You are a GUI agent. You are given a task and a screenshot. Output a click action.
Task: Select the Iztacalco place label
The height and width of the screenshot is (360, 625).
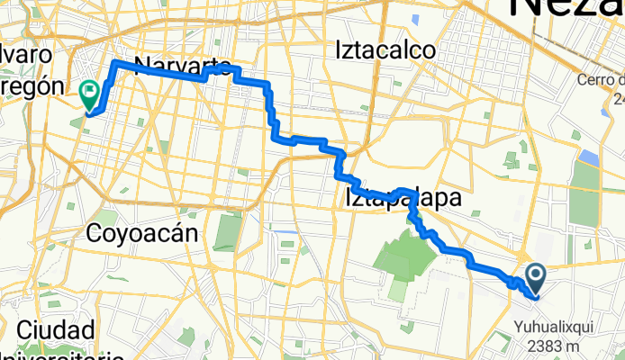tap(385, 49)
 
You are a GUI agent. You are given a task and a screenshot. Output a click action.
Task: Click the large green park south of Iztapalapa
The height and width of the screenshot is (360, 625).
tap(403, 261)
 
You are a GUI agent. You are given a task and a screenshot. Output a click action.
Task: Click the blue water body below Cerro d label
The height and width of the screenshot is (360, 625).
tap(590, 158)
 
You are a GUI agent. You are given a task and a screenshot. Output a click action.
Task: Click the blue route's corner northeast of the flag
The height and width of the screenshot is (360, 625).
tap(114, 63)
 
